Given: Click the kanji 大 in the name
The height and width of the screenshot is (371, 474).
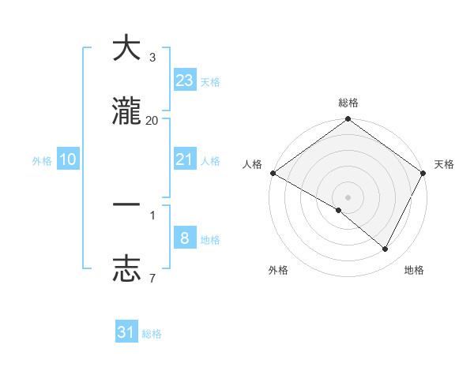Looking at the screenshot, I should [126, 48].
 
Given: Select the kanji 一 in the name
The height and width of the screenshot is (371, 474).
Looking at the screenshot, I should [126, 204].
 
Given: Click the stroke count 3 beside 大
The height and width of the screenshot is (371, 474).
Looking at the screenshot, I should [152, 58].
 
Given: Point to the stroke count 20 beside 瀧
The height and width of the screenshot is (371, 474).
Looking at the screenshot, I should [152, 120].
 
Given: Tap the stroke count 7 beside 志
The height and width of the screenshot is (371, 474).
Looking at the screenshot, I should [152, 278].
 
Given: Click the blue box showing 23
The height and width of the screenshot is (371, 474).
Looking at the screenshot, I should [185, 81].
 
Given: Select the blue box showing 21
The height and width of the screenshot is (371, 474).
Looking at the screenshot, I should [185, 159].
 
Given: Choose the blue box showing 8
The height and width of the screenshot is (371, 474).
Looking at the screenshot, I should [185, 238].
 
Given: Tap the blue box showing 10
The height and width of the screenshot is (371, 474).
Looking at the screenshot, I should [68, 159].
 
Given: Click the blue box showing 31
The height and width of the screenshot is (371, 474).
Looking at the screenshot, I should [126, 332].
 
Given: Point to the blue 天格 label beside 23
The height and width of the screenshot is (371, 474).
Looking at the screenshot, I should [210, 82].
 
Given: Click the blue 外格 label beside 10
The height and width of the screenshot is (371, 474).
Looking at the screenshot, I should [42, 161].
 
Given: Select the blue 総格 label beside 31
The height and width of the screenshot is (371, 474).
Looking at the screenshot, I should [152, 334].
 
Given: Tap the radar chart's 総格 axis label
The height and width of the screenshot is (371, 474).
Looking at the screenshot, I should [348, 103].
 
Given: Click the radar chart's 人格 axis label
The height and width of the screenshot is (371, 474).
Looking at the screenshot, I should [252, 164].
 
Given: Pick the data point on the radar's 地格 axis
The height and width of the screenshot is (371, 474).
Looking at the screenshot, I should [386, 249].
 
